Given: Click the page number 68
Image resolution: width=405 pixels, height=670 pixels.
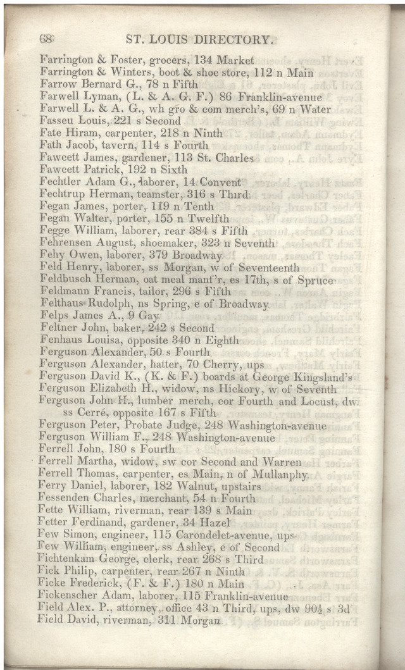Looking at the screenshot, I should coord(46,39).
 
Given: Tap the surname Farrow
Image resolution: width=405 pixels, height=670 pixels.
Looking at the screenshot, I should coord(57,84).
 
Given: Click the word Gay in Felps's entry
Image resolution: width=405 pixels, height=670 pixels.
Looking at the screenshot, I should coord(149,315).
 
